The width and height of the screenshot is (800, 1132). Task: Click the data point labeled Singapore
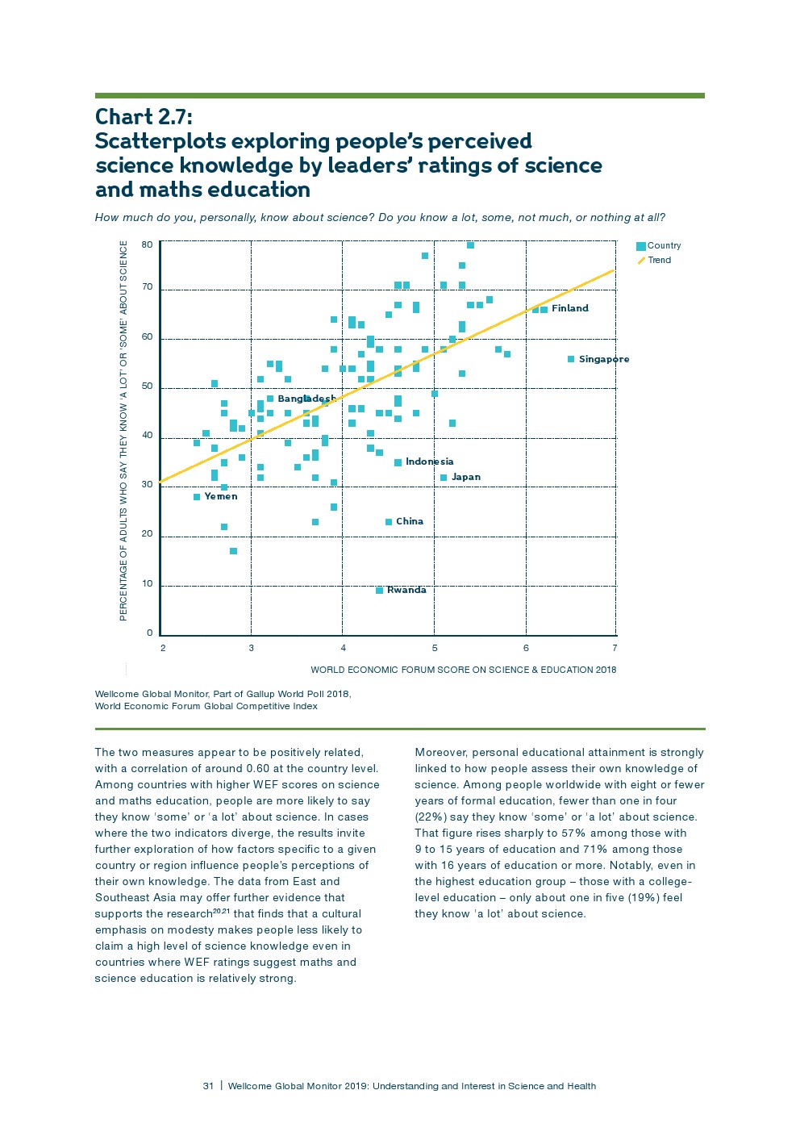click(x=571, y=359)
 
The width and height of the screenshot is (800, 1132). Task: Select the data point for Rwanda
click(x=379, y=591)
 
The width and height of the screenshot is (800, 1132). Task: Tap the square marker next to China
click(x=389, y=522)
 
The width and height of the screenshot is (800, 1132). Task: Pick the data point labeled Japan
click(x=444, y=478)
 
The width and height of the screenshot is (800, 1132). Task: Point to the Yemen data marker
click(x=197, y=497)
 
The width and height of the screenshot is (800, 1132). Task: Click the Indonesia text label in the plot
click(x=429, y=462)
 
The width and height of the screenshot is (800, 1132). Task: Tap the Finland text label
click(x=569, y=308)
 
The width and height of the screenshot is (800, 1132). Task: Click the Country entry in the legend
click(x=663, y=245)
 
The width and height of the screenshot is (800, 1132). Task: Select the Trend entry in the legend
click(x=659, y=260)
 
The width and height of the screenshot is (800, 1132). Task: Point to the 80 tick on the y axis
click(x=147, y=244)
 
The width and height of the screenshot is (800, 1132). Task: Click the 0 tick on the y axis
click(x=149, y=633)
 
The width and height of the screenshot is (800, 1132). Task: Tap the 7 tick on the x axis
click(x=615, y=648)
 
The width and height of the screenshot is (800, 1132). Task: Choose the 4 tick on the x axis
click(x=343, y=648)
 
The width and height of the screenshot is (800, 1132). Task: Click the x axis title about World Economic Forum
click(x=463, y=670)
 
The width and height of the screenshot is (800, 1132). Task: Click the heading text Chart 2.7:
click(x=144, y=117)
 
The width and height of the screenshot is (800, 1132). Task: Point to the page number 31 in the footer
click(x=208, y=1086)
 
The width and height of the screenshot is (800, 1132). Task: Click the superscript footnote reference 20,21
click(x=222, y=911)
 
